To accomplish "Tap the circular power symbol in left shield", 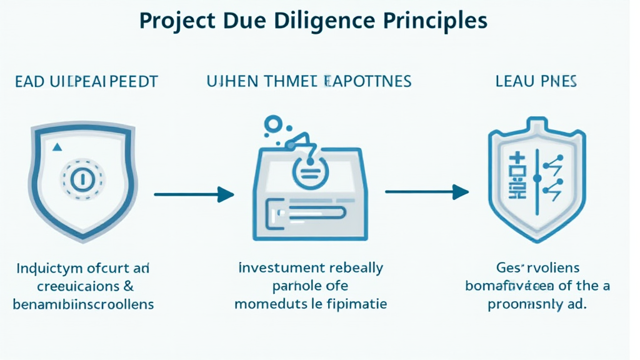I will (x=81, y=179).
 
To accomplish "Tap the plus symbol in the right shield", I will (x=519, y=161).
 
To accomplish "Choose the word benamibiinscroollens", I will (x=84, y=304).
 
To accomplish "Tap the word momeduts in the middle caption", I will (x=266, y=304).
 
